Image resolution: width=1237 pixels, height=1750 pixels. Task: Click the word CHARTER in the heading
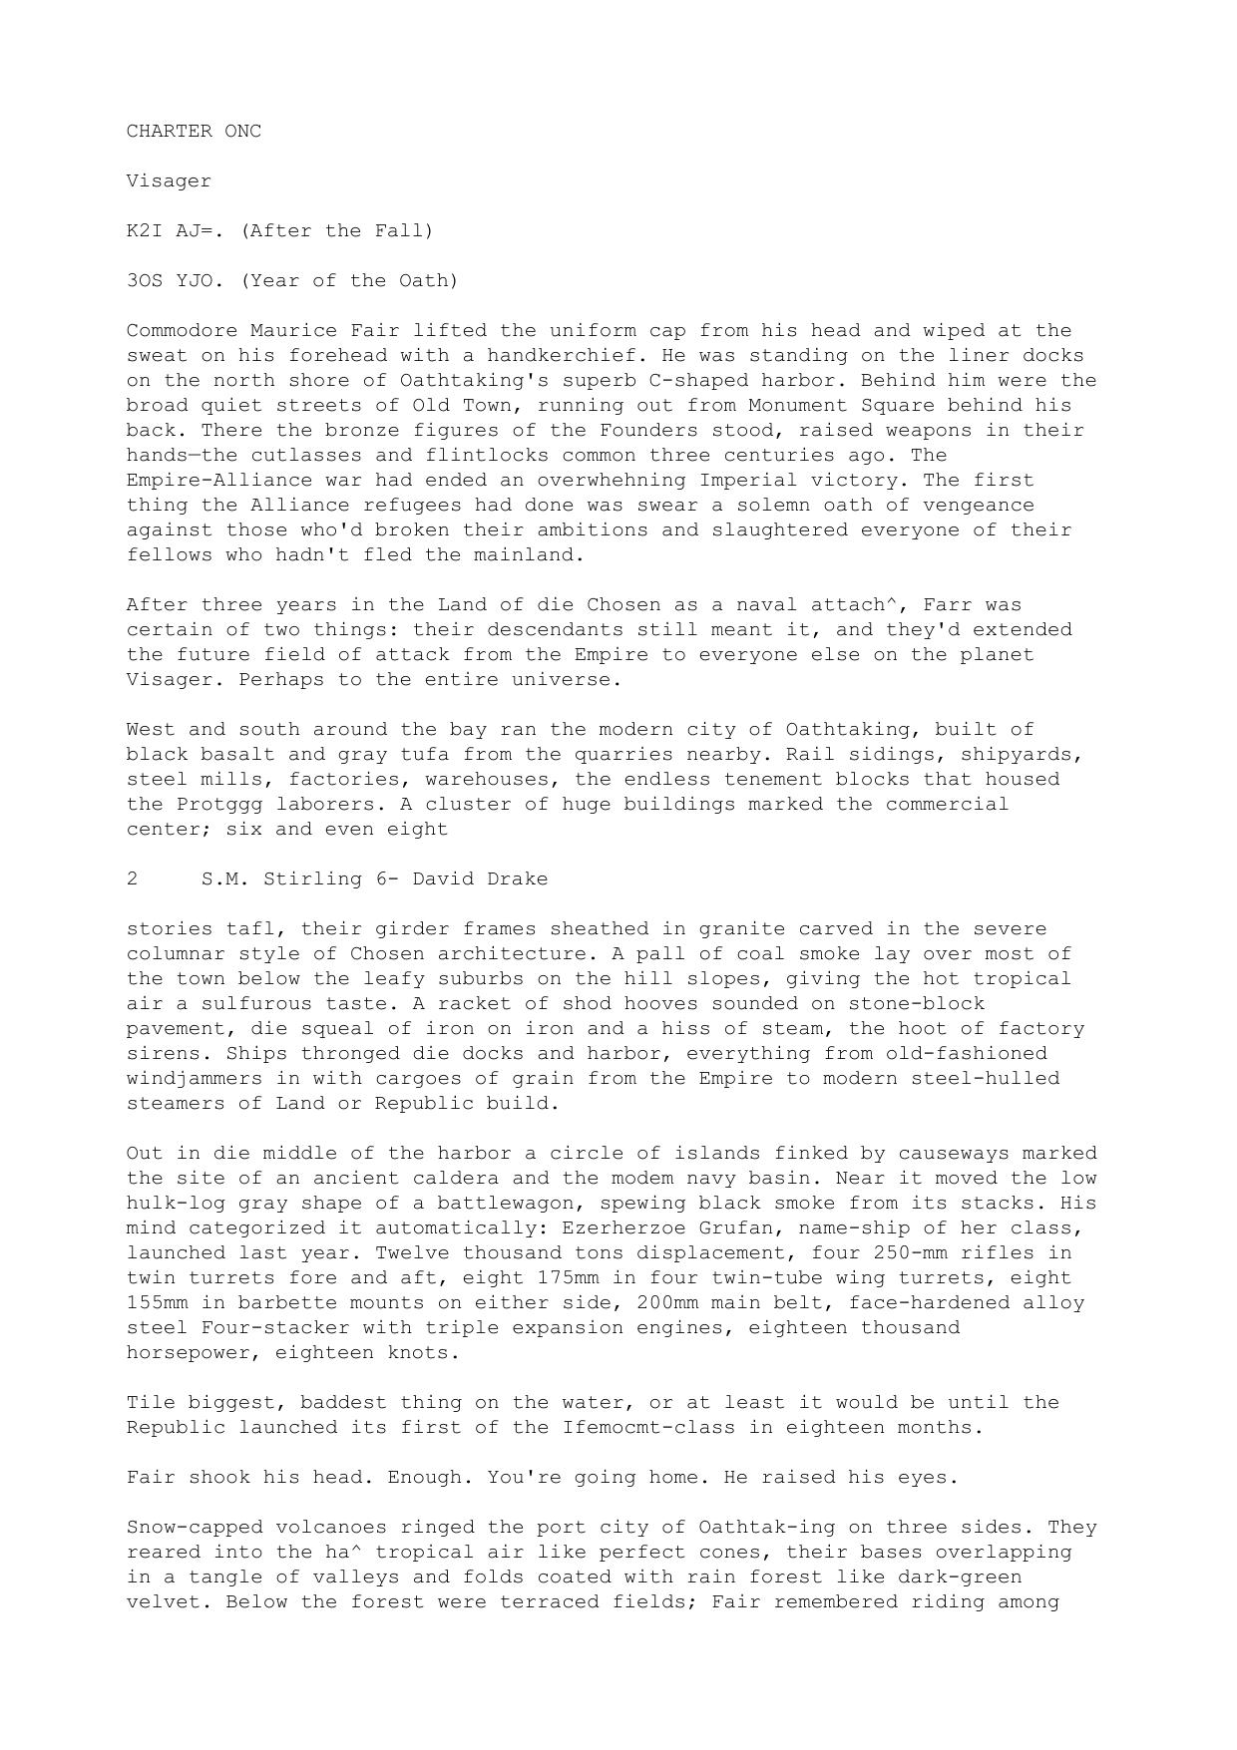[170, 131]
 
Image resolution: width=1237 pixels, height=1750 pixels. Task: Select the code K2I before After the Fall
[145, 230]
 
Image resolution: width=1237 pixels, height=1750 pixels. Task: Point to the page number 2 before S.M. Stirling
[133, 878]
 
